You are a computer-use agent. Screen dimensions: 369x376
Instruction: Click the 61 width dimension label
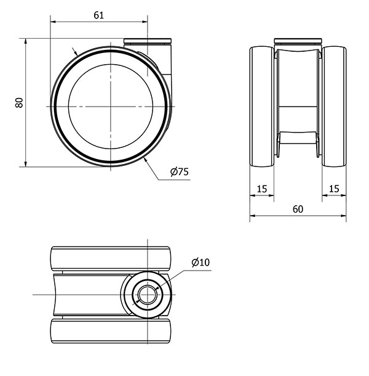pyautogui.click(x=98, y=15)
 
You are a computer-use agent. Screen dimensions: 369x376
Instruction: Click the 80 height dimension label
pyautogui.click(x=19, y=103)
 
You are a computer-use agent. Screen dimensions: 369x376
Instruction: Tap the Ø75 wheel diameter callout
pyautogui.click(x=179, y=172)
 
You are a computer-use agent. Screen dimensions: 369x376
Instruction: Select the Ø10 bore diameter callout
pyautogui.click(x=200, y=263)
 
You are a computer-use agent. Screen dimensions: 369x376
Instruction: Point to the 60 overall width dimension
pyautogui.click(x=298, y=209)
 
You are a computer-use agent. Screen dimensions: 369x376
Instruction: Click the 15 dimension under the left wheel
pyautogui.click(x=262, y=189)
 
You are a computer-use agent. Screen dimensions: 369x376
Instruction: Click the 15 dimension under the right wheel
pyautogui.click(x=334, y=189)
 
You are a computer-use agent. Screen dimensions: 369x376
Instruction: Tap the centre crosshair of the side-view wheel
pyautogui.click(x=111, y=107)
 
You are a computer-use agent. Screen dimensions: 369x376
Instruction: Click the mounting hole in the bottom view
pyautogui.click(x=148, y=295)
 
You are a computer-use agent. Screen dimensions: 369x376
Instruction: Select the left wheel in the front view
pyautogui.click(x=262, y=107)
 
